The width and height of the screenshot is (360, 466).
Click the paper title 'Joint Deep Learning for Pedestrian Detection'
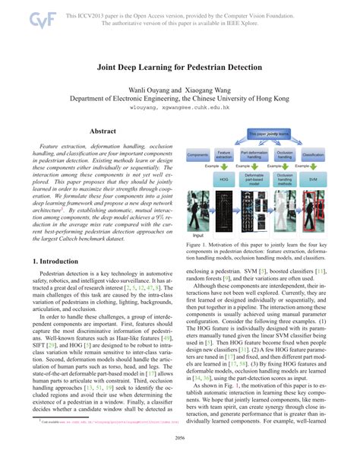pos(180,67)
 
